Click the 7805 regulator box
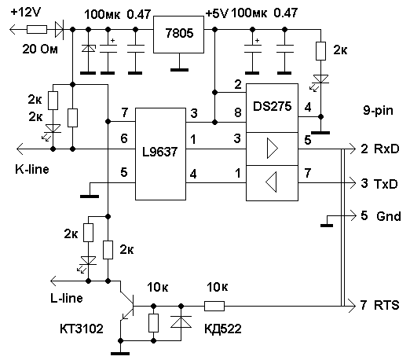point(178,35)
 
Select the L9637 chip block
point(160,154)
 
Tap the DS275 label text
point(272,106)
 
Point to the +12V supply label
point(26,12)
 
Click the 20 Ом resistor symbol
point(37,29)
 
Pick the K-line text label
point(32,169)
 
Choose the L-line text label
point(67,298)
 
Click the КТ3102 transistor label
point(82,329)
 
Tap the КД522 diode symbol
point(181,322)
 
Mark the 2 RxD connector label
point(380,149)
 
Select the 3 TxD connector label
point(379,184)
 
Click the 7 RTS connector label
point(379,305)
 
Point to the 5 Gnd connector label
point(381,216)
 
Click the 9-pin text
point(378,111)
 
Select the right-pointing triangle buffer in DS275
point(272,149)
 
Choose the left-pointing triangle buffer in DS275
point(271,182)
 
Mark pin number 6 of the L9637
point(124,138)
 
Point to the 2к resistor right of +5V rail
point(321,51)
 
